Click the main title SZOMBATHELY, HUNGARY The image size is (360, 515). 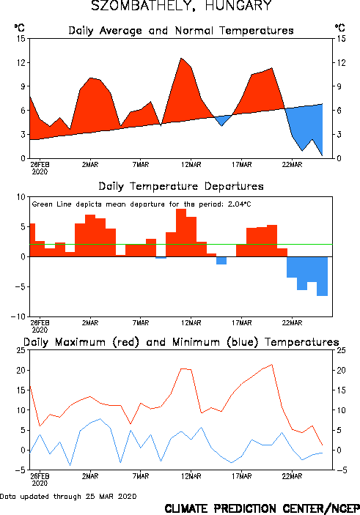tap(181, 6)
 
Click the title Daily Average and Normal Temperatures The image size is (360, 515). tap(181, 31)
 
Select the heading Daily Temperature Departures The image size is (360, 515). tap(181, 186)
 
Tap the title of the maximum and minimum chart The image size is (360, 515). tap(181, 342)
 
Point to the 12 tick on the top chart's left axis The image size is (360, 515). tap(21, 62)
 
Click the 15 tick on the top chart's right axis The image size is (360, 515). tap(341, 38)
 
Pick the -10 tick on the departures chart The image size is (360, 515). tap(18, 316)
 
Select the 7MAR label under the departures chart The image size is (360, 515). tap(141, 323)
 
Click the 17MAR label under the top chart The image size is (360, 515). tap(242, 165)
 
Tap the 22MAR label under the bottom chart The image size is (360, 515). tap(292, 476)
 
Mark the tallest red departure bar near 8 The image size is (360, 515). tap(181, 232)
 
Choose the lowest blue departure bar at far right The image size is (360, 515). tap(322, 276)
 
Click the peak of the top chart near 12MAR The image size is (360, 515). tap(181, 58)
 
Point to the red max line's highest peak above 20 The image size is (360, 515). tap(272, 364)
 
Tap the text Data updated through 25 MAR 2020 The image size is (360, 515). tap(68, 496)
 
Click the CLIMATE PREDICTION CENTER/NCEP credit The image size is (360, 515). tap(262, 508)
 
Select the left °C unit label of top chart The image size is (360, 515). tap(19, 28)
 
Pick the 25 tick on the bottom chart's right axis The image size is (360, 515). tap(341, 350)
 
